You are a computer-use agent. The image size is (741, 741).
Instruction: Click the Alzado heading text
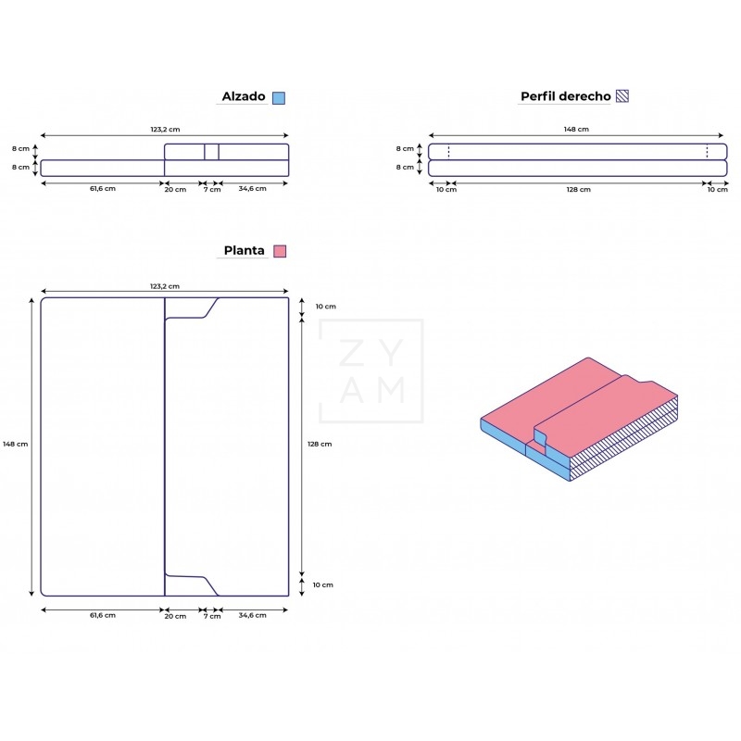(x=244, y=96)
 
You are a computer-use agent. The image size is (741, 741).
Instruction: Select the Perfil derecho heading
(x=565, y=96)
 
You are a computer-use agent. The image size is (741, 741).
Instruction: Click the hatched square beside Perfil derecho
(x=623, y=96)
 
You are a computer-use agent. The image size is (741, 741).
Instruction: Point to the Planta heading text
(x=244, y=250)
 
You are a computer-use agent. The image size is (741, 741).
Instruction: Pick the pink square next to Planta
(x=280, y=251)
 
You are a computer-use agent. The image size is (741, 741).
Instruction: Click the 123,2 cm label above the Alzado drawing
(x=165, y=130)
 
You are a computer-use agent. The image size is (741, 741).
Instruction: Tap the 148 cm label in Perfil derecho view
(x=576, y=130)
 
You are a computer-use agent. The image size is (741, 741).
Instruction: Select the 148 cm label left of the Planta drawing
(x=16, y=444)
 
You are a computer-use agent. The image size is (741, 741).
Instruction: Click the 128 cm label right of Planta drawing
(x=320, y=444)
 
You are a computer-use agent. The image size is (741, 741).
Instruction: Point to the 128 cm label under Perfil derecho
(x=578, y=189)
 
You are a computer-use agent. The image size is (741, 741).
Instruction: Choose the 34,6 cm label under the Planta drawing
(x=252, y=615)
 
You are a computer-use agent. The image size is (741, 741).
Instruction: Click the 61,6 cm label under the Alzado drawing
(x=103, y=189)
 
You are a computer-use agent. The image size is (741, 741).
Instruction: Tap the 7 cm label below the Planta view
(x=212, y=615)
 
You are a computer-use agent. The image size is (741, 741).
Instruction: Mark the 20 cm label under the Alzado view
(x=175, y=189)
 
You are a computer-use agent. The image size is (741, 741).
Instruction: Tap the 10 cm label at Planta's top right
(x=324, y=307)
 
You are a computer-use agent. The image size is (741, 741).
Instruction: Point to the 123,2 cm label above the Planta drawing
(x=165, y=286)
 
